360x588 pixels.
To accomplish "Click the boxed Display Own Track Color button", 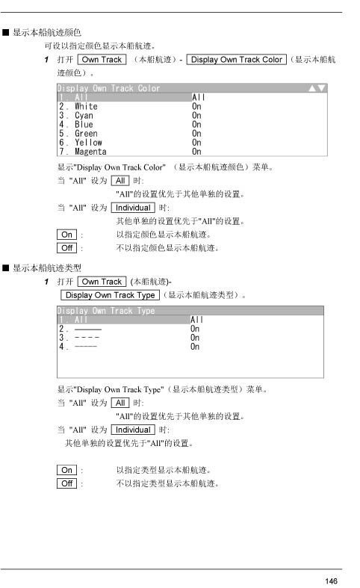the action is pos(236,59).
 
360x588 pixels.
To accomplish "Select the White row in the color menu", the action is pos(86,107).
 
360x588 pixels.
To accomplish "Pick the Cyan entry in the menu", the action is pos(84,116).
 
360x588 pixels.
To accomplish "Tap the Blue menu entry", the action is pos(84,125).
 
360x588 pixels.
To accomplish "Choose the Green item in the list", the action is pos(86,134).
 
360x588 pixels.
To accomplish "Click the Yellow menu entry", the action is pos(88,143).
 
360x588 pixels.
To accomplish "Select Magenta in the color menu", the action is pos(90,152).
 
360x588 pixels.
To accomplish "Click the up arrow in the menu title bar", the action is pos(312,88).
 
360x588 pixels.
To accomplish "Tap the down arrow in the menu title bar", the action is pos(321,88).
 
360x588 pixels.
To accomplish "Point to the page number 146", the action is pos(331,581).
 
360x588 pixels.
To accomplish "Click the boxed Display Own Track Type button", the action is pos(111,295).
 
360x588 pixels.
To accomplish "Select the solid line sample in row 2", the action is pos(88,329).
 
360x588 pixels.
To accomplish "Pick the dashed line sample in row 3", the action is pos(87,338).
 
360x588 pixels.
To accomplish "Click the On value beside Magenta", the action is pos(196,152).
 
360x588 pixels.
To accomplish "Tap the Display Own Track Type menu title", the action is pos(106,311).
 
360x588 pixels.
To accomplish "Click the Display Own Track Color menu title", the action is pos(108,88).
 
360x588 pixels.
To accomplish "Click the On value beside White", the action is pos(196,107).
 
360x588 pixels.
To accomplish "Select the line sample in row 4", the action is pos(86,347).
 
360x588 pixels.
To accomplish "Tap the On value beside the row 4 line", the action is pos(195,347).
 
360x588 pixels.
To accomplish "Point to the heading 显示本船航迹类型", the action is pos(47,267).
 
